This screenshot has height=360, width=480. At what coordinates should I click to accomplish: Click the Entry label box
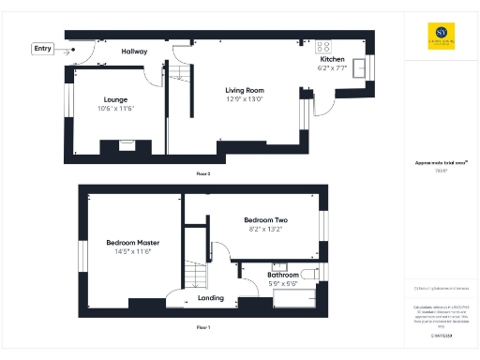click(43, 49)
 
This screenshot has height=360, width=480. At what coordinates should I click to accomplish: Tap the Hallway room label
click(134, 51)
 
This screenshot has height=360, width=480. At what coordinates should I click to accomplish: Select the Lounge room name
click(115, 99)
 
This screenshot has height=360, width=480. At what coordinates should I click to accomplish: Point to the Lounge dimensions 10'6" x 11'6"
click(115, 108)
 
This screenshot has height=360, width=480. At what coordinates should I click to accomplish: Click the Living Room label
click(244, 90)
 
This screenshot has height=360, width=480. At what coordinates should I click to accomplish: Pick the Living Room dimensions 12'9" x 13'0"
click(244, 98)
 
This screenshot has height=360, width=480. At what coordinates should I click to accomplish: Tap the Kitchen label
click(332, 58)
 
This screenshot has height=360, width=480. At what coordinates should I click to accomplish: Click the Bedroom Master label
click(132, 242)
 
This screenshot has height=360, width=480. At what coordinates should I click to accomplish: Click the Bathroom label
click(283, 275)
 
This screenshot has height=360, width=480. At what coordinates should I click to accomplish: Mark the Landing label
click(211, 300)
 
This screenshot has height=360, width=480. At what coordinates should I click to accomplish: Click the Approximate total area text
click(435, 163)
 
